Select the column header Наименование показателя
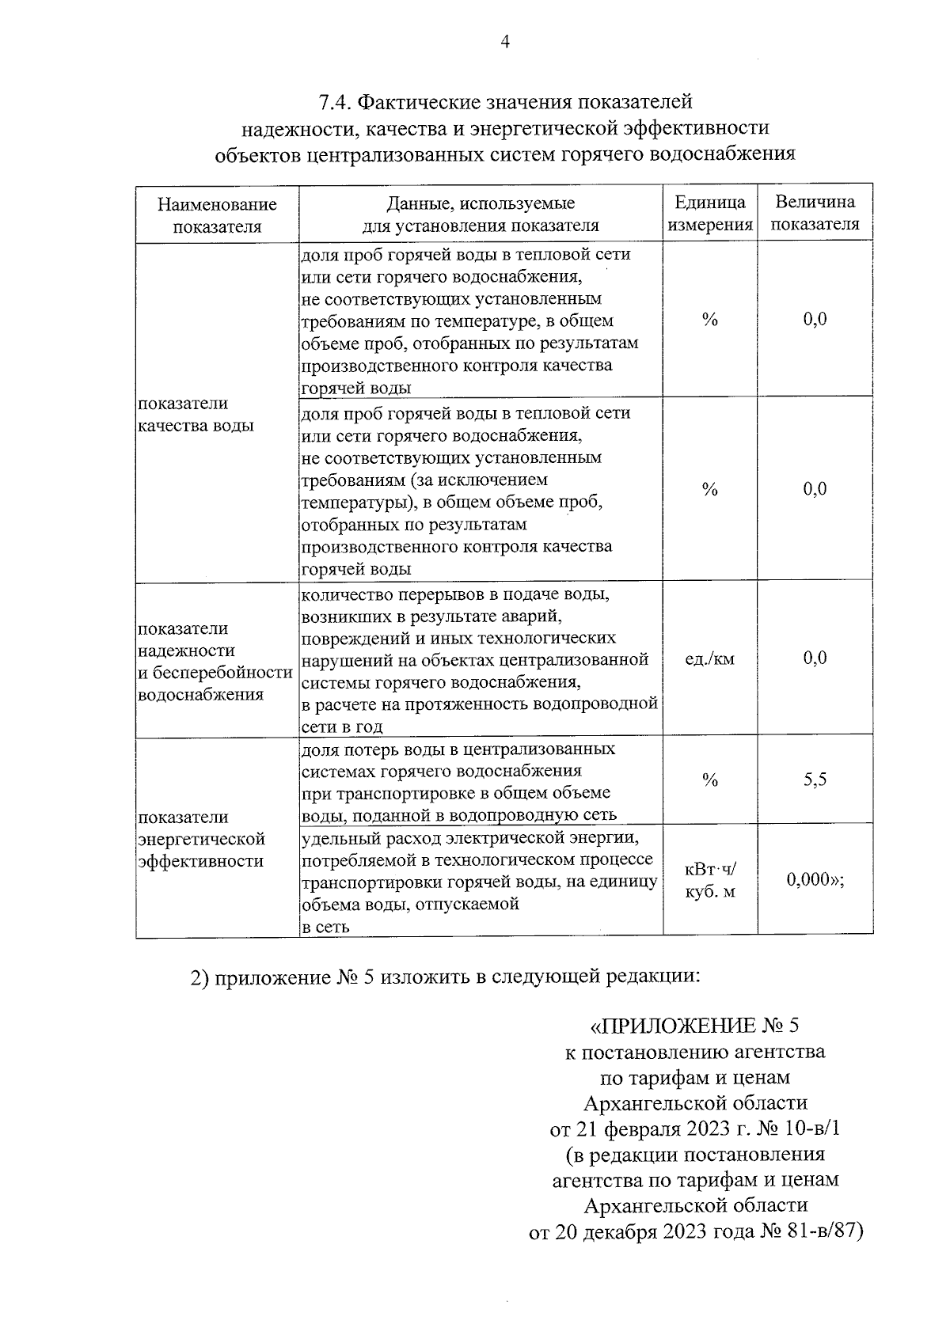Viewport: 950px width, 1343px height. tap(217, 215)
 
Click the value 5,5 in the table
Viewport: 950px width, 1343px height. tap(815, 780)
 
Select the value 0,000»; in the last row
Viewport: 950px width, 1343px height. tap(815, 880)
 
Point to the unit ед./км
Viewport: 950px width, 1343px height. tap(709, 658)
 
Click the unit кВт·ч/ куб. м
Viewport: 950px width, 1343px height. tap(710, 880)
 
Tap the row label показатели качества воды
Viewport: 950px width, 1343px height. tap(196, 415)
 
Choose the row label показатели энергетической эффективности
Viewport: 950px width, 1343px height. tap(201, 839)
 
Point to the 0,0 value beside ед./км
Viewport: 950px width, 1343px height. tap(815, 658)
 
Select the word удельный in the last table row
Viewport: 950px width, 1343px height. tap(335, 837)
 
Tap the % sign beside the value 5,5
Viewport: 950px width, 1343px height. tap(709, 780)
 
